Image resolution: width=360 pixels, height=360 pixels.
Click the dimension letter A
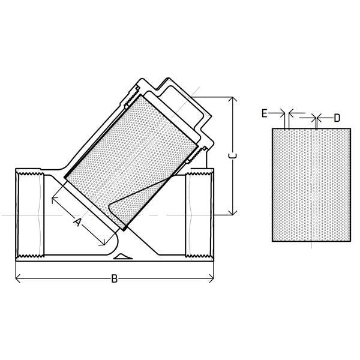click(77, 222)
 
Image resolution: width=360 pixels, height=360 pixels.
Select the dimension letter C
click(234, 155)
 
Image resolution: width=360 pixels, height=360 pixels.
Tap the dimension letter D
click(337, 118)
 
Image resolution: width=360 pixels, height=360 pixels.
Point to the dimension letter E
click(265, 112)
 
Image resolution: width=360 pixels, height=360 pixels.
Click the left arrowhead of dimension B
click(17, 278)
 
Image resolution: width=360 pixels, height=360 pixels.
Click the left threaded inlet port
click(30, 214)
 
